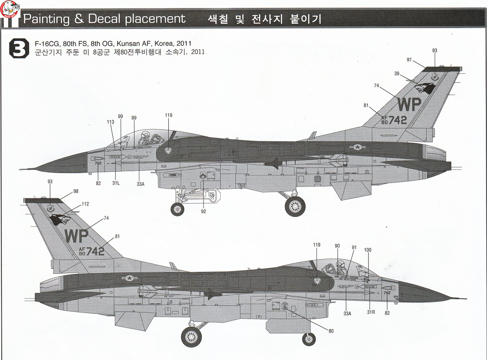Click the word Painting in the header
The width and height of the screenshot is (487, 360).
[x=46, y=19]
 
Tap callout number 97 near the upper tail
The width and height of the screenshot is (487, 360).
[x=409, y=59]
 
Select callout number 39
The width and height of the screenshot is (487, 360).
[x=397, y=73]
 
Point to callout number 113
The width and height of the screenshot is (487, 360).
[x=111, y=122]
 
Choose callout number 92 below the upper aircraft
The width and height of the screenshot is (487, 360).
[x=203, y=211]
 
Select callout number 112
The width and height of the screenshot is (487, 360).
[x=85, y=204]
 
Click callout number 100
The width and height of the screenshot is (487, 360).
[x=367, y=250]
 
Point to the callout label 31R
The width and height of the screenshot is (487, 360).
[x=371, y=312]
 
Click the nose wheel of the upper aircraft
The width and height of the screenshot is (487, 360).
[x=177, y=209]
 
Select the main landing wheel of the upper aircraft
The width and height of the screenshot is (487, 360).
[x=295, y=206]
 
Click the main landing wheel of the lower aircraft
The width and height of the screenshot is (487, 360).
[x=191, y=337]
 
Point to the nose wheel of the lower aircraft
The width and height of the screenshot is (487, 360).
[x=309, y=339]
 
